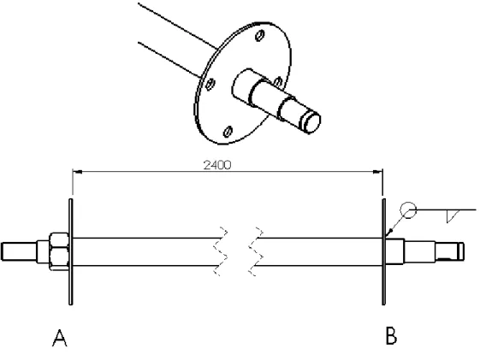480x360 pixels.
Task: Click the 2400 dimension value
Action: (217, 165)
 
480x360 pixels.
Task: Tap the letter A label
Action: (60, 338)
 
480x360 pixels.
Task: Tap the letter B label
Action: (391, 336)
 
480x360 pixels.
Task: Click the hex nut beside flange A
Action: (59, 251)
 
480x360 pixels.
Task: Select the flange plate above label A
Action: (71, 251)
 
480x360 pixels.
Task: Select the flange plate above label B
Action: (383, 251)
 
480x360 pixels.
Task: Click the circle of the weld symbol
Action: (408, 210)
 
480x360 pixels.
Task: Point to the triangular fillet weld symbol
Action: (453, 216)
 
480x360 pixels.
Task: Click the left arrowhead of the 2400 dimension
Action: (77, 172)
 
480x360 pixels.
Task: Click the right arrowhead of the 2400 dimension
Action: (378, 172)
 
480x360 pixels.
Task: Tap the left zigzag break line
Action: (221, 251)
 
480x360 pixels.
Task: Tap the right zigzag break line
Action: (256, 251)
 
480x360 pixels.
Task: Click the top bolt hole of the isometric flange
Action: (260, 36)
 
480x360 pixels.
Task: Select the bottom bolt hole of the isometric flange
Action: (228, 132)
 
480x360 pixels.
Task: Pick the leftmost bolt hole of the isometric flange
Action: (210, 84)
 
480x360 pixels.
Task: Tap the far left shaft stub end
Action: (3, 251)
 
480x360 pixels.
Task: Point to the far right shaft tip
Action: (462, 251)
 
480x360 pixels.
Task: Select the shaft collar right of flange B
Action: (395, 251)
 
